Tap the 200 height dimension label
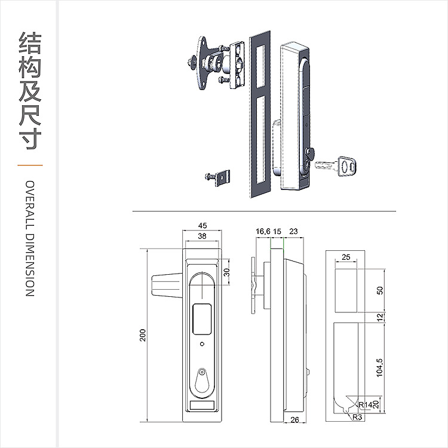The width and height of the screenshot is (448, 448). [143, 336]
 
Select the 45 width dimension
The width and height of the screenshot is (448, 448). [202, 225]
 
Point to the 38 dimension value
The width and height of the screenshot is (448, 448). [202, 237]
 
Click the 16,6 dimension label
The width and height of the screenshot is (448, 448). [263, 231]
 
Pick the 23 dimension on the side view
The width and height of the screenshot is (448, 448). [293, 231]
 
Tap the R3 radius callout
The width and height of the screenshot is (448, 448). [357, 417]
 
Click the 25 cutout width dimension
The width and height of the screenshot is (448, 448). [346, 258]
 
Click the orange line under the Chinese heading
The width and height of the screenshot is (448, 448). [30, 164]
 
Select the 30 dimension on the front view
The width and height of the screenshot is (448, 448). [226, 272]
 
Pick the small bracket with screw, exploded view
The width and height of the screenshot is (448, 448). [220, 176]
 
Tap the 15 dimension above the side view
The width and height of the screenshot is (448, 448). [277, 231]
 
